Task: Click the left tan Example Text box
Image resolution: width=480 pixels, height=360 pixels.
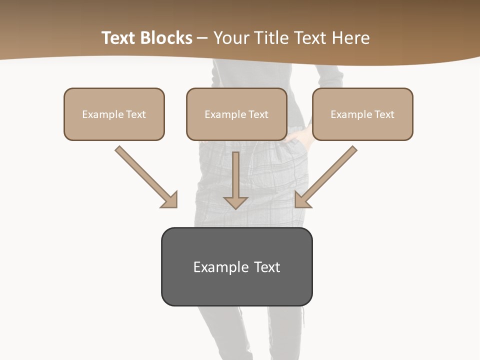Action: click(114, 114)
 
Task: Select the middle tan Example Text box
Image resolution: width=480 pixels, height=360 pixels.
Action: click(236, 114)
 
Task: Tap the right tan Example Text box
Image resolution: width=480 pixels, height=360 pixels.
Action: click(362, 114)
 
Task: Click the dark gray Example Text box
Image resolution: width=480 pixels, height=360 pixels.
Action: click(236, 266)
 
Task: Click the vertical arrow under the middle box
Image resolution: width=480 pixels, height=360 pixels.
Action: click(235, 180)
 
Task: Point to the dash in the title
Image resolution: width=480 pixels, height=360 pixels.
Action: click(202, 38)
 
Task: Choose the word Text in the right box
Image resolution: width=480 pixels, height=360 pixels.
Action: click(384, 114)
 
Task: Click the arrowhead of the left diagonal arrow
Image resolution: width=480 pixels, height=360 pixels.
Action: click(170, 200)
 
